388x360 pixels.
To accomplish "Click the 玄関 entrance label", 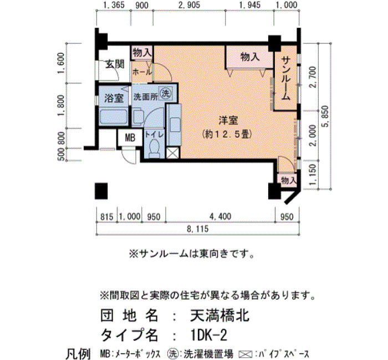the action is point(115,64).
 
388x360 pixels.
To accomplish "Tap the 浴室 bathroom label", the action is point(114,98).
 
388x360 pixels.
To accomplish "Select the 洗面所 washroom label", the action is point(145,97).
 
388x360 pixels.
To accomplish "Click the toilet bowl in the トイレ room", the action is point(155,147).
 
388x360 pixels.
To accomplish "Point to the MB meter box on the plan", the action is point(130,137).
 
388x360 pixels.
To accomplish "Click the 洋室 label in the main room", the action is point(228,120).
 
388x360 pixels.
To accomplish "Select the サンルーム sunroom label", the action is point(286,78).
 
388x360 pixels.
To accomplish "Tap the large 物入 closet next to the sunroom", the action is point(250,57).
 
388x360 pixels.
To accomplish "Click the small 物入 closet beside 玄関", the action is point(142,53).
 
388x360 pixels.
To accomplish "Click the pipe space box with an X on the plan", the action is point(172,153).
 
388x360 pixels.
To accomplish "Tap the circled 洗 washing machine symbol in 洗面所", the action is point(166,94).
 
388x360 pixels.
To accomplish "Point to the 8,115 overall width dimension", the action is point(198,229).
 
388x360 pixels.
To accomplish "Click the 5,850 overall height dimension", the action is point(326,116).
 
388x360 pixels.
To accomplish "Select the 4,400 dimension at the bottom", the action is point(220,217).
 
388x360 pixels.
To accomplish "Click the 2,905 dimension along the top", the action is point(189,5).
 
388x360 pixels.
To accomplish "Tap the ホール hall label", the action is point(142,72).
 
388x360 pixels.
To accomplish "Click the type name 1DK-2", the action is point(209,335).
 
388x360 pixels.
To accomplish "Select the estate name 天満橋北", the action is point(219,316).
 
